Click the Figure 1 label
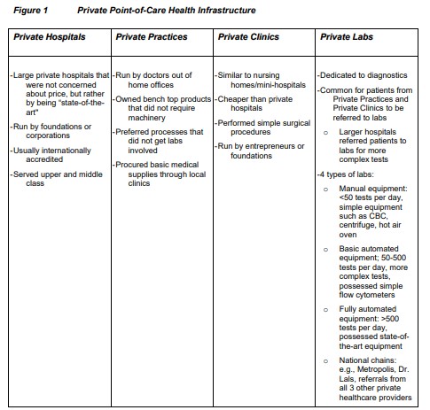27,11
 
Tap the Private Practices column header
152,37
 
